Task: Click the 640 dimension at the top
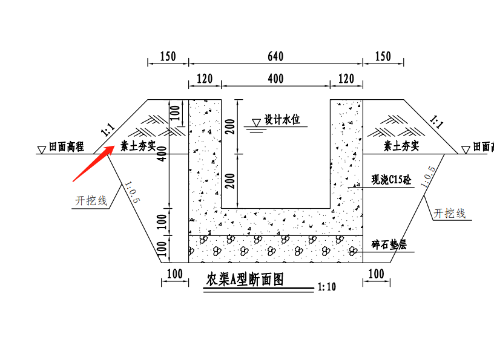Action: pyautogui.click(x=275, y=57)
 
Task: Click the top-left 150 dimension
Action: pyautogui.click(x=168, y=57)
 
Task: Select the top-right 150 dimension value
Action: pyautogui.click(x=383, y=57)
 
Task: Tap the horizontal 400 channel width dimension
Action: pyautogui.click(x=275, y=79)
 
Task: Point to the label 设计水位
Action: pyautogui.click(x=282, y=120)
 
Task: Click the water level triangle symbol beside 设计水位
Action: pyautogui.click(x=257, y=123)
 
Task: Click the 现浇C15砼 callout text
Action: pyautogui.click(x=391, y=180)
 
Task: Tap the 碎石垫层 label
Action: pyautogui.click(x=389, y=244)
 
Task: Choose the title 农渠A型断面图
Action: pyautogui.click(x=245, y=280)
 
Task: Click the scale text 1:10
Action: pyautogui.click(x=326, y=287)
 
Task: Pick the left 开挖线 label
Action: pyautogui.click(x=91, y=200)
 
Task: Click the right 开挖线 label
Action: pyautogui.click(x=450, y=213)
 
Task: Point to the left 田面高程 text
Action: pyautogui.click(x=66, y=146)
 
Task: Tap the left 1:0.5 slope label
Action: pyautogui.click(x=132, y=192)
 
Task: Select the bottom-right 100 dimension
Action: pyautogui.click(x=376, y=274)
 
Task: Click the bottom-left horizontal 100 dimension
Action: pyautogui.click(x=174, y=274)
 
